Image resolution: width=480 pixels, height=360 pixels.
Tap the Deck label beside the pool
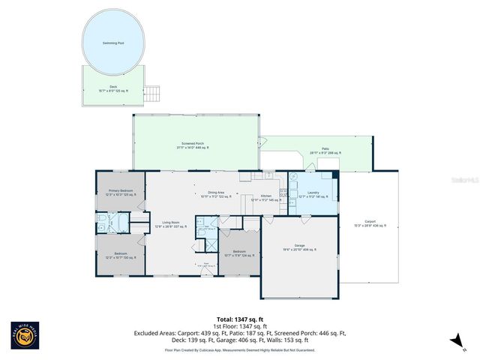[x=113, y=88]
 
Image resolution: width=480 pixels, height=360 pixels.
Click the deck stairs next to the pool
[x=153, y=94]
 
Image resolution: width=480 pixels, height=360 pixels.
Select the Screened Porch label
[x=193, y=145]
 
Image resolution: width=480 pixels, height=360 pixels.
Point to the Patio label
[x=325, y=151]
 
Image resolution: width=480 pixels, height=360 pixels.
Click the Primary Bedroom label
[x=120, y=193]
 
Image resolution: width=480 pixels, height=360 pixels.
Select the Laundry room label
[x=313, y=194]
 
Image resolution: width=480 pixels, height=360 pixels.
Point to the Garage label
[x=300, y=247]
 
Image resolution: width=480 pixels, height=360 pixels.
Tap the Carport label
[x=370, y=223]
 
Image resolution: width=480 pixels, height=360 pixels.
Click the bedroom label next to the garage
[x=239, y=253]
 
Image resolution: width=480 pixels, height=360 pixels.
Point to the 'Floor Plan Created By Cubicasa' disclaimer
[x=239, y=350]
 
